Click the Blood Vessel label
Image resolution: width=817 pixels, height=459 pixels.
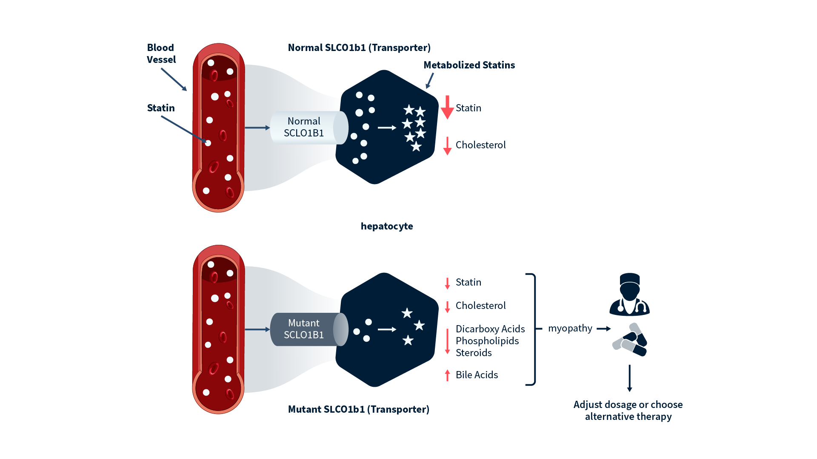coord(161,54)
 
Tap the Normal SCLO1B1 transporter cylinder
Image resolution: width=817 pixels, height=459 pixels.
coord(304,127)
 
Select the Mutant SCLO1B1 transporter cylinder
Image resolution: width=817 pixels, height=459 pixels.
coord(304,329)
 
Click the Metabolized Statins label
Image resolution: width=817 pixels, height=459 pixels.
coord(469,65)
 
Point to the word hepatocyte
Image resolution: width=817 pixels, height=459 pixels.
coord(386,226)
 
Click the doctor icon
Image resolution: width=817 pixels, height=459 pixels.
coord(629,295)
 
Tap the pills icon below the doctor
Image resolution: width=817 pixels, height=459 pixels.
coord(630,340)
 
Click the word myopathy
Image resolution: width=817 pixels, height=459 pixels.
coord(570,329)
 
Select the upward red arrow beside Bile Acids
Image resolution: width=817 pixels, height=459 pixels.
coord(447,375)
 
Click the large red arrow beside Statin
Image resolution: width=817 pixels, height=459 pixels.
coord(447,108)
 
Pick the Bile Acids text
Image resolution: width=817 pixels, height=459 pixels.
coord(477,375)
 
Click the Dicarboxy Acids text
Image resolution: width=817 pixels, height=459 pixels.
coord(490,329)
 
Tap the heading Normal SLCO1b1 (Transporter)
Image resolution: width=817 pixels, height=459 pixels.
coord(359,48)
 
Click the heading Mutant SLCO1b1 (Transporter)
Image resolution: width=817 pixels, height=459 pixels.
coord(358,409)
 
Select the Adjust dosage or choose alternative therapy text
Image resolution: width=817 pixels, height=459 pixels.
coord(628,411)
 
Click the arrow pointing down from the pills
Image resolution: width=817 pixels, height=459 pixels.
coord(629,378)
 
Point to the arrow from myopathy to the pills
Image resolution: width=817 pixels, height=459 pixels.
coord(603,329)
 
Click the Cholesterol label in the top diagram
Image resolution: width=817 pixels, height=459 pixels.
coord(480,145)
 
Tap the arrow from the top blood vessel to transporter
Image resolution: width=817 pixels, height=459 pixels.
coord(257,127)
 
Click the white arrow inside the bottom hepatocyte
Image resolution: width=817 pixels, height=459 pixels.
coord(387,329)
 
